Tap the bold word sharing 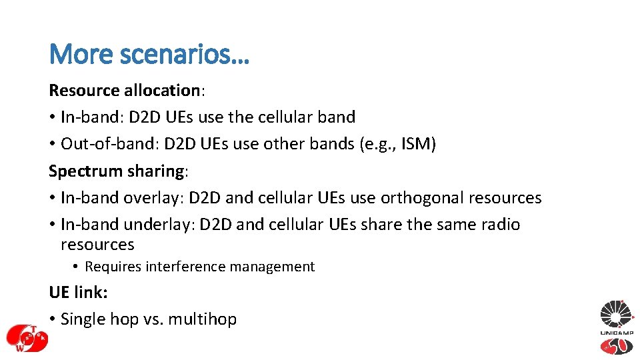coord(154,171)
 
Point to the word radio coord(501,225)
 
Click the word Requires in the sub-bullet coord(113,267)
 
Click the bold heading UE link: coord(78,293)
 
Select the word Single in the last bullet coord(83,319)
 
